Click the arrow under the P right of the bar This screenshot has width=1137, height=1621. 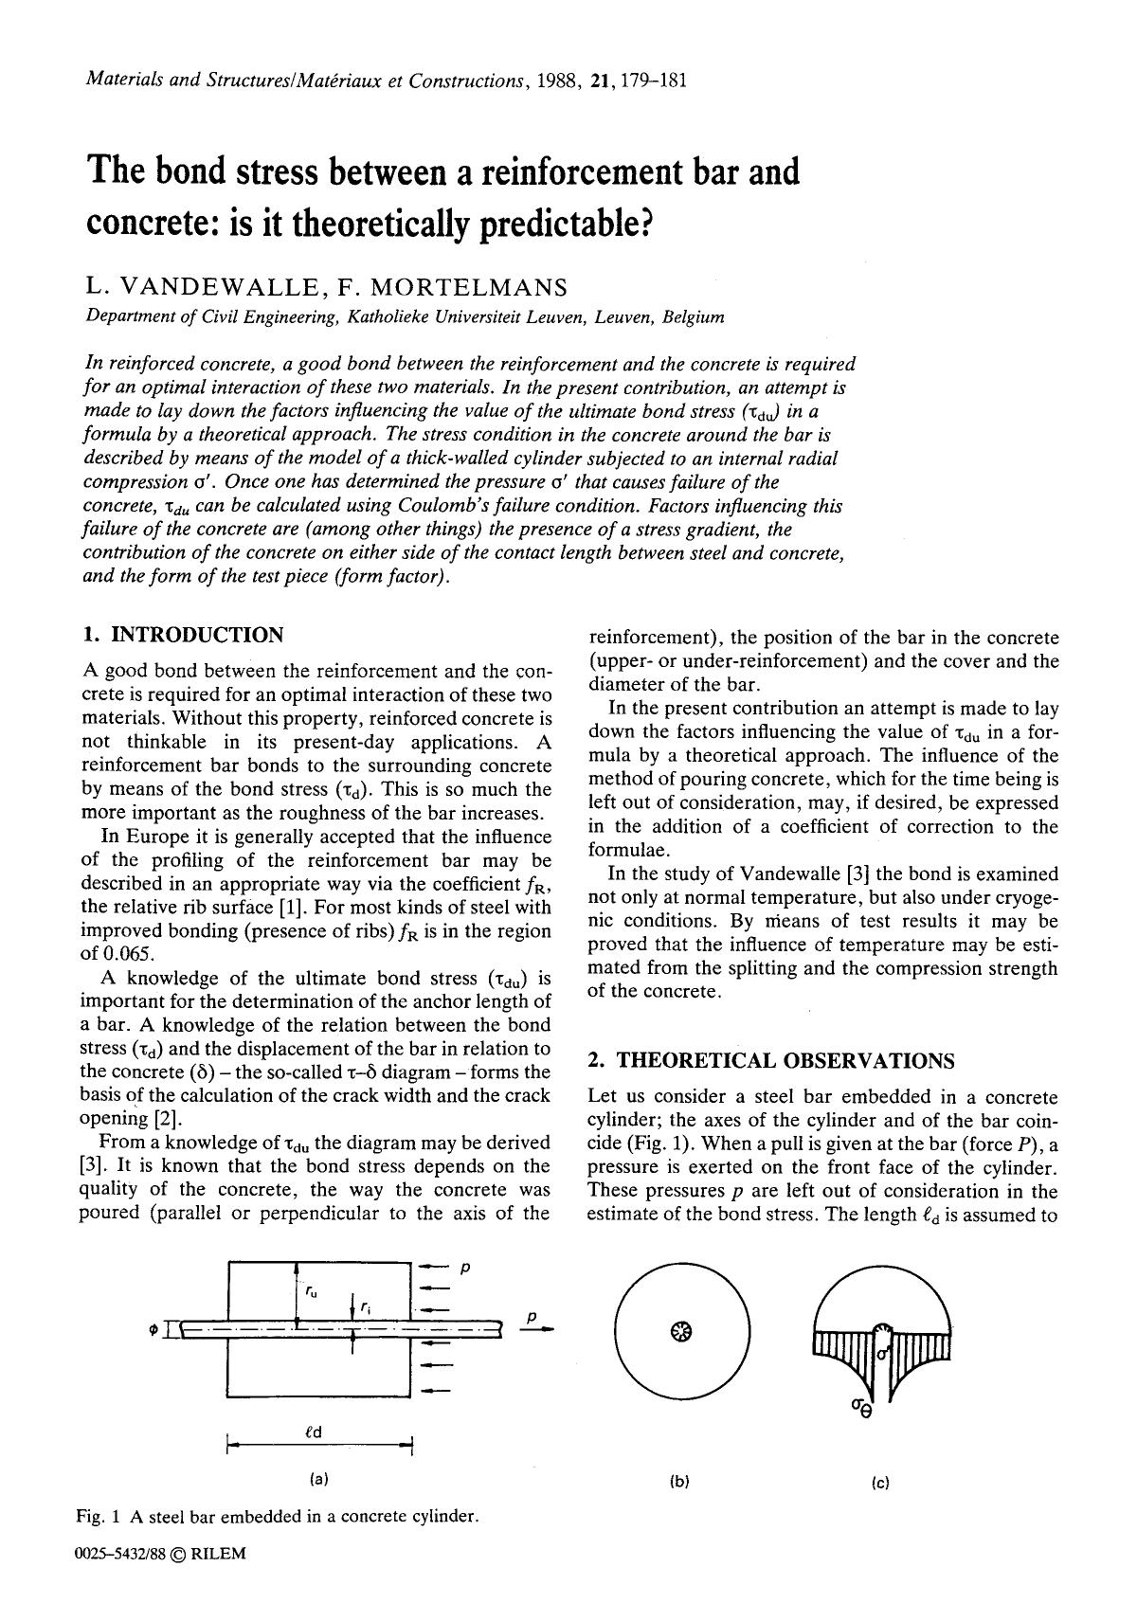click(x=536, y=1330)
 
